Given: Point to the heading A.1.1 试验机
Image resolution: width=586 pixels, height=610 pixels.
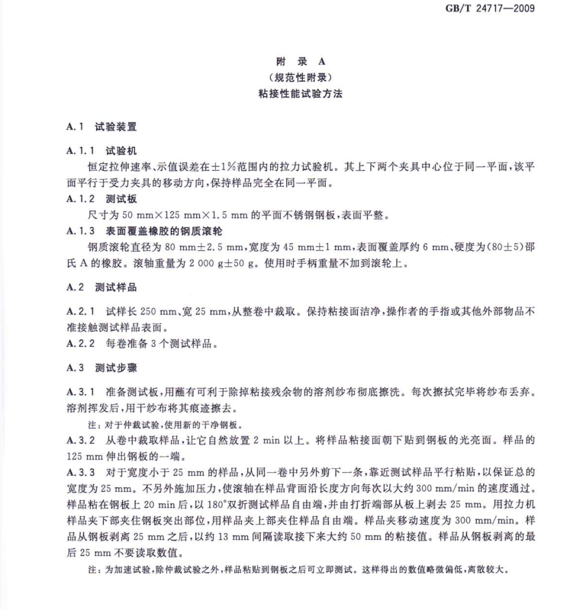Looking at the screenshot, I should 101,150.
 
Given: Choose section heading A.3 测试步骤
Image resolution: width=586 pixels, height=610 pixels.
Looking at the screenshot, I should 101,368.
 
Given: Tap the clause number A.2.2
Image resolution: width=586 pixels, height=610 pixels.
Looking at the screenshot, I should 80,344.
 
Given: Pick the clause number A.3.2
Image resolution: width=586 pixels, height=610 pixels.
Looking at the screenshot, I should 80,441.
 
